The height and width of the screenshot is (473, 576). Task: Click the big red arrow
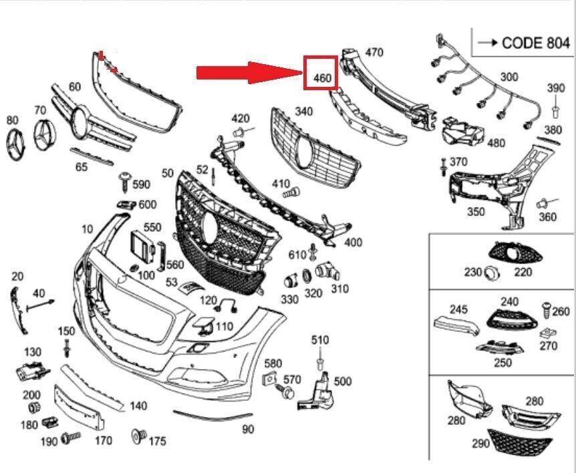(x=247, y=72)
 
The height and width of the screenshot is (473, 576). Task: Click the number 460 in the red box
(x=321, y=78)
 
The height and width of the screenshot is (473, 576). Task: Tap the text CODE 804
(x=535, y=43)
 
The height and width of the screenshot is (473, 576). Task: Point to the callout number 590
(x=141, y=184)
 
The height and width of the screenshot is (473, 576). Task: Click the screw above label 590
(x=124, y=178)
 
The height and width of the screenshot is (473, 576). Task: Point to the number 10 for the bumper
(x=87, y=229)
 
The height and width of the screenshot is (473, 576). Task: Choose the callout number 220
(x=523, y=272)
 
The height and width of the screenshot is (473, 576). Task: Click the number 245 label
(x=458, y=309)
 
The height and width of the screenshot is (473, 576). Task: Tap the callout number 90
(x=248, y=429)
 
